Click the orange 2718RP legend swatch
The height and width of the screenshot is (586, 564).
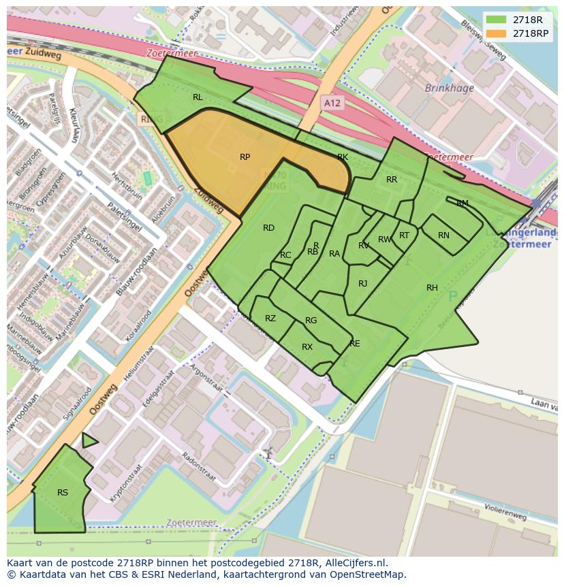[x=497, y=33]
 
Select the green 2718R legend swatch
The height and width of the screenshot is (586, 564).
[x=497, y=20]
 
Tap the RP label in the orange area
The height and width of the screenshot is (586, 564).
[x=245, y=157]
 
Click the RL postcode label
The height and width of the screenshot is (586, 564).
[x=198, y=97]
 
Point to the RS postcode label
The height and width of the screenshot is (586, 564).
[x=63, y=493]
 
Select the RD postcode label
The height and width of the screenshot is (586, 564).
[x=268, y=228]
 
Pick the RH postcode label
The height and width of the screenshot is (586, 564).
[x=432, y=288]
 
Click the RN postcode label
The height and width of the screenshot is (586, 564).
[x=443, y=235]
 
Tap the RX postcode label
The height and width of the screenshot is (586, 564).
[x=307, y=347]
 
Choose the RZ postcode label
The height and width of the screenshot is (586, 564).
[x=270, y=319]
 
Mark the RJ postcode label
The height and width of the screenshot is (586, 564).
[x=362, y=284]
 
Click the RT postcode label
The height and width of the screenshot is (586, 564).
[x=404, y=235]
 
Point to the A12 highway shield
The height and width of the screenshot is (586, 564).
[x=331, y=103]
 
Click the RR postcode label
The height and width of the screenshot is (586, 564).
[x=392, y=180]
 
